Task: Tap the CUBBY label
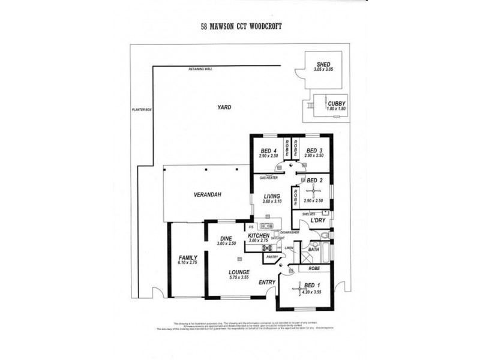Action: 337,103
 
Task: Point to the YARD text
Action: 224,107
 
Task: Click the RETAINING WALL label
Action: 200,69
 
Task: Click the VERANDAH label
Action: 206,196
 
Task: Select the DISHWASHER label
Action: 289,232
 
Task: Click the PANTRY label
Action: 272,256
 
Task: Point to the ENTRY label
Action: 267,282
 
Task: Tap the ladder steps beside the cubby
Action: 310,105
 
